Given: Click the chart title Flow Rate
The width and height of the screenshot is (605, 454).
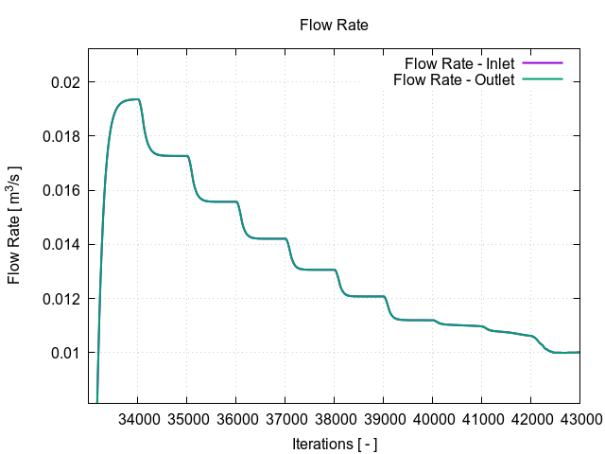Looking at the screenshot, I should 334,25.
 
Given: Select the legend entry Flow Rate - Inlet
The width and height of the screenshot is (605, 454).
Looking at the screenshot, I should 458,63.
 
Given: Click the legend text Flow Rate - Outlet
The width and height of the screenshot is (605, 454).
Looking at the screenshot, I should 453,79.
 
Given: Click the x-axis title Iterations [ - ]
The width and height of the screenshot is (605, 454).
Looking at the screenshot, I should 334,442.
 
